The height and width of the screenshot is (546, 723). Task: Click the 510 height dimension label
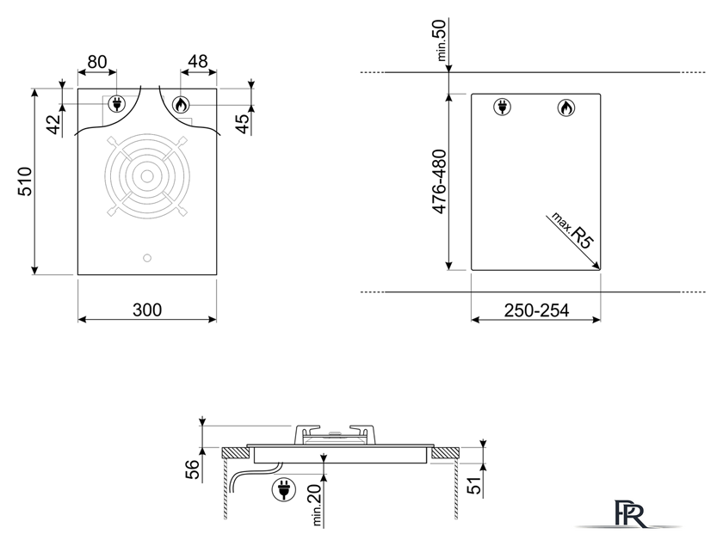point(25,181)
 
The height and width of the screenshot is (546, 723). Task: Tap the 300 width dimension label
point(147,310)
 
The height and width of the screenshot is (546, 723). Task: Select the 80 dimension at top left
point(96,62)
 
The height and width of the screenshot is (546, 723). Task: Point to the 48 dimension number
point(198,61)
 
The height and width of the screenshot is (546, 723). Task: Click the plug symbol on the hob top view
point(115,104)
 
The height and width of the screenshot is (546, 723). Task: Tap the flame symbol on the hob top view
point(181,105)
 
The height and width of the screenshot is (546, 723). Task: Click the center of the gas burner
point(147,176)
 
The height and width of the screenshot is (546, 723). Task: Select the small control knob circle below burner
point(147,258)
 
